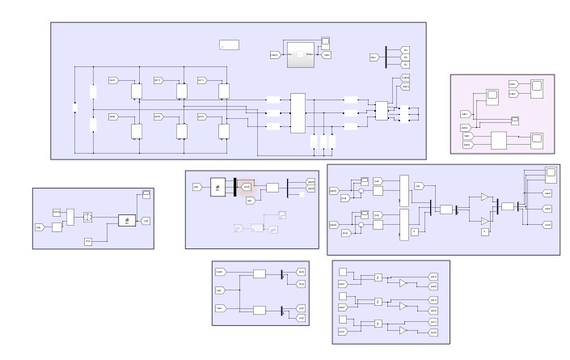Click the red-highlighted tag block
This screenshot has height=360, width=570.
247,187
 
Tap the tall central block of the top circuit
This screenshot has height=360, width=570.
298,113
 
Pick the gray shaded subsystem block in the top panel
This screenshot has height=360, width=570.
302,53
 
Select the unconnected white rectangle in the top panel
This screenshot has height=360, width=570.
229,45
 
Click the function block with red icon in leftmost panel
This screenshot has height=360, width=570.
126,220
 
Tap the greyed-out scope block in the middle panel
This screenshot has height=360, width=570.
282,215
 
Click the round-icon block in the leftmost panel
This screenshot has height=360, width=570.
89,217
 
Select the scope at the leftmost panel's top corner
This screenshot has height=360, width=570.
146,194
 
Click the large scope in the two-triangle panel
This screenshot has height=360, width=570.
551,173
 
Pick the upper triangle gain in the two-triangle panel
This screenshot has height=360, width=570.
484,197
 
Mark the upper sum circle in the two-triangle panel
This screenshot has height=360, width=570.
361,192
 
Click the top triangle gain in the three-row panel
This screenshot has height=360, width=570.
403,283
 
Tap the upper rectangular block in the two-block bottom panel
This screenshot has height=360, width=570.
260,274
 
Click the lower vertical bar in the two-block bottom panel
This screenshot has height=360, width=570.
281,311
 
